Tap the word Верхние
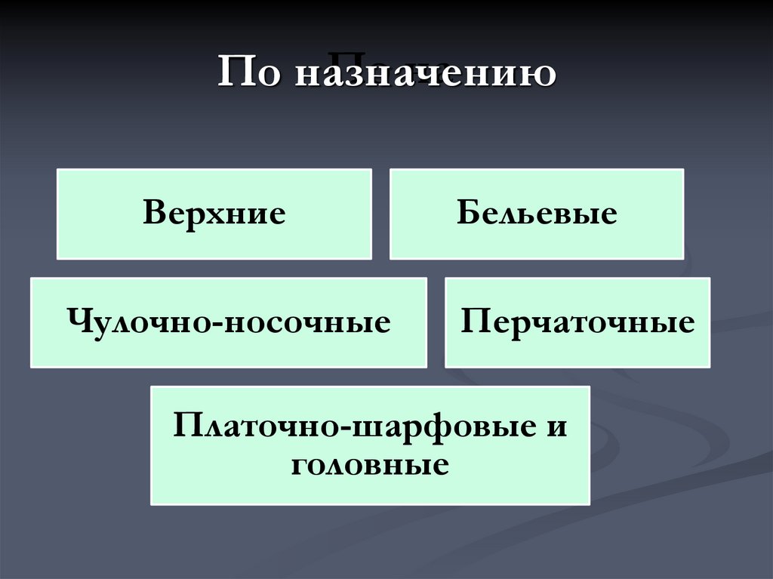coord(214,214)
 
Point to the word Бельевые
coord(536,214)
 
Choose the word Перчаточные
coord(577,322)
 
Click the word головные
coord(369,462)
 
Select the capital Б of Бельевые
coord(467,214)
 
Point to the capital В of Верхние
coord(153,214)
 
